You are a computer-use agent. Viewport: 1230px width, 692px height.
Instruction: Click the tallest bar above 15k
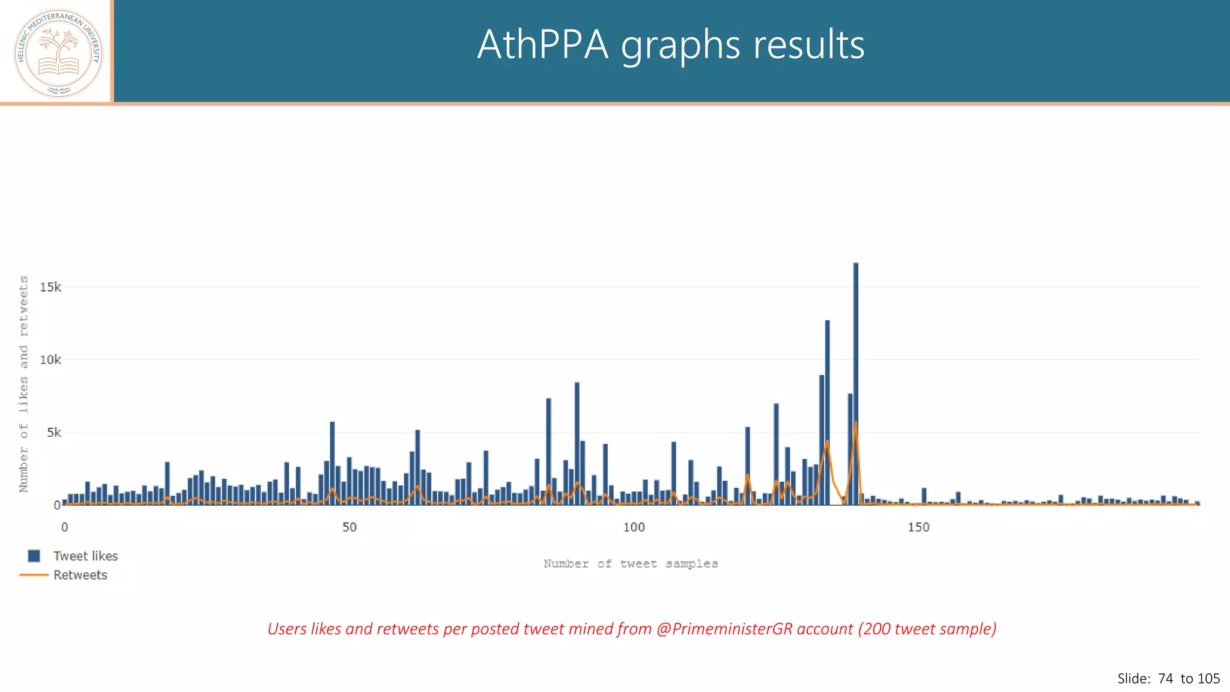[856, 384]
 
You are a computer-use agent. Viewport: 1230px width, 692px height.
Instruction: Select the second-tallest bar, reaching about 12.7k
[827, 414]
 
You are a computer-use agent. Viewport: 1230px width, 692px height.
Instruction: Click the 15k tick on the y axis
[50, 287]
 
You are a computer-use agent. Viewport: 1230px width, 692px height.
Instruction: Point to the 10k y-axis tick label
[50, 360]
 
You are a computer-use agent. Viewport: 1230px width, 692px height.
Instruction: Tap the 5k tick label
[53, 432]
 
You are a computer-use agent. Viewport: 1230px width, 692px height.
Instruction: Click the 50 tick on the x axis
[350, 527]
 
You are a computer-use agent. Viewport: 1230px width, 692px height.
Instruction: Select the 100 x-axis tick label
[634, 527]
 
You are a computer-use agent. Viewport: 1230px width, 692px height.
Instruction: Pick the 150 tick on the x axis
[918, 527]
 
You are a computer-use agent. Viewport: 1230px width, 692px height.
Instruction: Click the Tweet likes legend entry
[85, 556]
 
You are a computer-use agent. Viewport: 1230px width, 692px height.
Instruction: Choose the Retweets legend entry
[80, 575]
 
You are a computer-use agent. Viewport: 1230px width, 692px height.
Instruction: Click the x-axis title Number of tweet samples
[631, 563]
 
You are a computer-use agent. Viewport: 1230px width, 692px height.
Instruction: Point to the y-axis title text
[23, 384]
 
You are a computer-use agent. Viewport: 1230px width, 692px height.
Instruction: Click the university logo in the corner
[58, 53]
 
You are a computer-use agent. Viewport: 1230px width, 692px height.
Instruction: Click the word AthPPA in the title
[542, 45]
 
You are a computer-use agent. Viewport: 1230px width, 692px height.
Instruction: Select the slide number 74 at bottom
[1165, 679]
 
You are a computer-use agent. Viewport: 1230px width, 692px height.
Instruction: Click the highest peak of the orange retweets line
[856, 423]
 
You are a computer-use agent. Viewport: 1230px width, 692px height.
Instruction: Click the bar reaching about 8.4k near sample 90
[577, 445]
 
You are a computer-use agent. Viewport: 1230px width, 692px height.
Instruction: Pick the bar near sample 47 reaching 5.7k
[332, 463]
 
